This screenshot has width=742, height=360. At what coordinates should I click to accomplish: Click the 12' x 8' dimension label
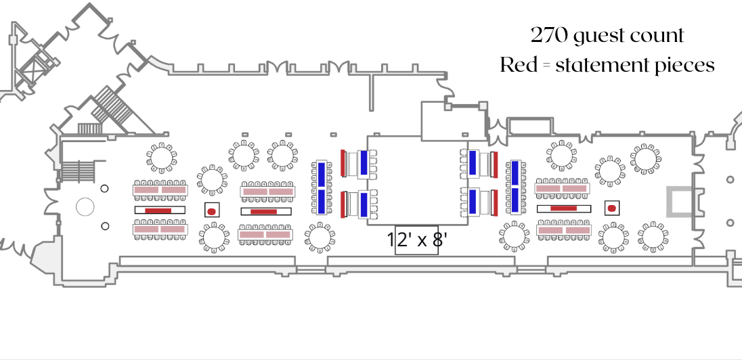(416, 240)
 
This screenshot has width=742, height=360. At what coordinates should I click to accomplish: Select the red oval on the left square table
(211, 212)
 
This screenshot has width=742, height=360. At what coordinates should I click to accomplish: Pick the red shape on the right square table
(612, 208)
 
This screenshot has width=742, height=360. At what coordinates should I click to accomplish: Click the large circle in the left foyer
(85, 206)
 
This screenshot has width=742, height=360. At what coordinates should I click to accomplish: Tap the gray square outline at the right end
(680, 202)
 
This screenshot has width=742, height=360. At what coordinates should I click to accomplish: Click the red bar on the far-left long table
(158, 210)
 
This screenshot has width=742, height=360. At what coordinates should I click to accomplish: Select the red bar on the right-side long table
(563, 208)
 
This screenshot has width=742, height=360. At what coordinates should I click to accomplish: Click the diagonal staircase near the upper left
(109, 105)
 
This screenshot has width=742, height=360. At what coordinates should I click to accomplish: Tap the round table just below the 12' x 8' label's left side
(320, 238)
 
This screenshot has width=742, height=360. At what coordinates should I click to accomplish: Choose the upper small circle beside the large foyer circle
(105, 189)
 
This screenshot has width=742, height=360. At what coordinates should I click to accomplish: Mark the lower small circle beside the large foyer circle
(105, 226)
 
